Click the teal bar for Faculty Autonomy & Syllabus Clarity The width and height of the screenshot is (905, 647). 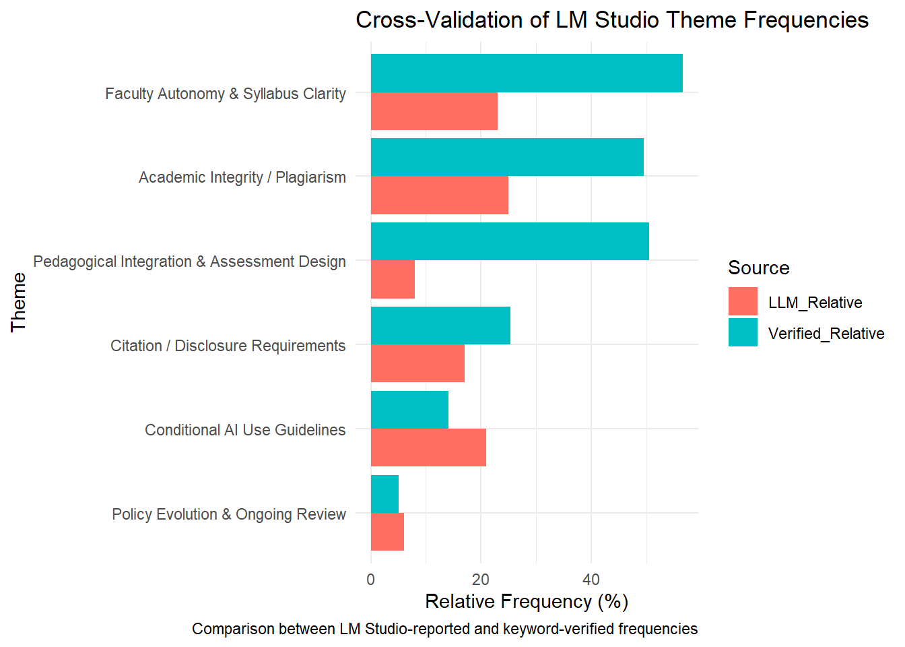click(527, 73)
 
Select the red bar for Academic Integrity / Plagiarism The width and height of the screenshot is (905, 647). click(439, 195)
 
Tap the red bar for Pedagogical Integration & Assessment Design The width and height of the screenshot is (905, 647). click(393, 280)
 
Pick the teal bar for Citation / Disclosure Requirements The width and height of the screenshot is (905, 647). click(440, 326)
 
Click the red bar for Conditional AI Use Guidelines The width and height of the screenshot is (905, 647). click(428, 448)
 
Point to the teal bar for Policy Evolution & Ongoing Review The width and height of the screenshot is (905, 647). click(384, 494)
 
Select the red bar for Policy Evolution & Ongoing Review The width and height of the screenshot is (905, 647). click(387, 532)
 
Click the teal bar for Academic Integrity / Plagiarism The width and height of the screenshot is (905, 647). click(507, 157)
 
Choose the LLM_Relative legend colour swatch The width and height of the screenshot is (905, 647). click(743, 301)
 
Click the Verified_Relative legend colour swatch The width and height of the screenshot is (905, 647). click(743, 332)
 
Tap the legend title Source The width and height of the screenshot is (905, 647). click(758, 268)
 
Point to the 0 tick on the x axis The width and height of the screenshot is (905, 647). click(371, 580)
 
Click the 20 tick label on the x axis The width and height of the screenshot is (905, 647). click(481, 580)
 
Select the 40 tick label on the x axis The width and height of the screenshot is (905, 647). click(591, 580)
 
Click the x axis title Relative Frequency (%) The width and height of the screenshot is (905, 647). click(527, 601)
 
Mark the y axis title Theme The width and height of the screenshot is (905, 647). click(19, 302)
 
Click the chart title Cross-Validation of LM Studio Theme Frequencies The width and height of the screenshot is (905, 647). click(611, 20)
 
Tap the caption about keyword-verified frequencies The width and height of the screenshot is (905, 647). click(444, 629)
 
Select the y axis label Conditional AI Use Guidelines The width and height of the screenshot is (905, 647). click(245, 430)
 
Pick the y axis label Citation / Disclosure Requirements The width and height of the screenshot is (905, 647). click(228, 346)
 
